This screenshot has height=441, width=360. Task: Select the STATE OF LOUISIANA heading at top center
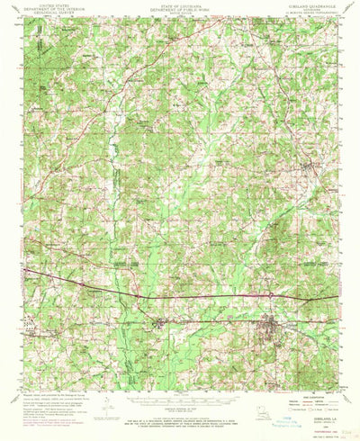[181, 4]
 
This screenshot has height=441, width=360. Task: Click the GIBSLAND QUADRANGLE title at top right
[310, 4]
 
